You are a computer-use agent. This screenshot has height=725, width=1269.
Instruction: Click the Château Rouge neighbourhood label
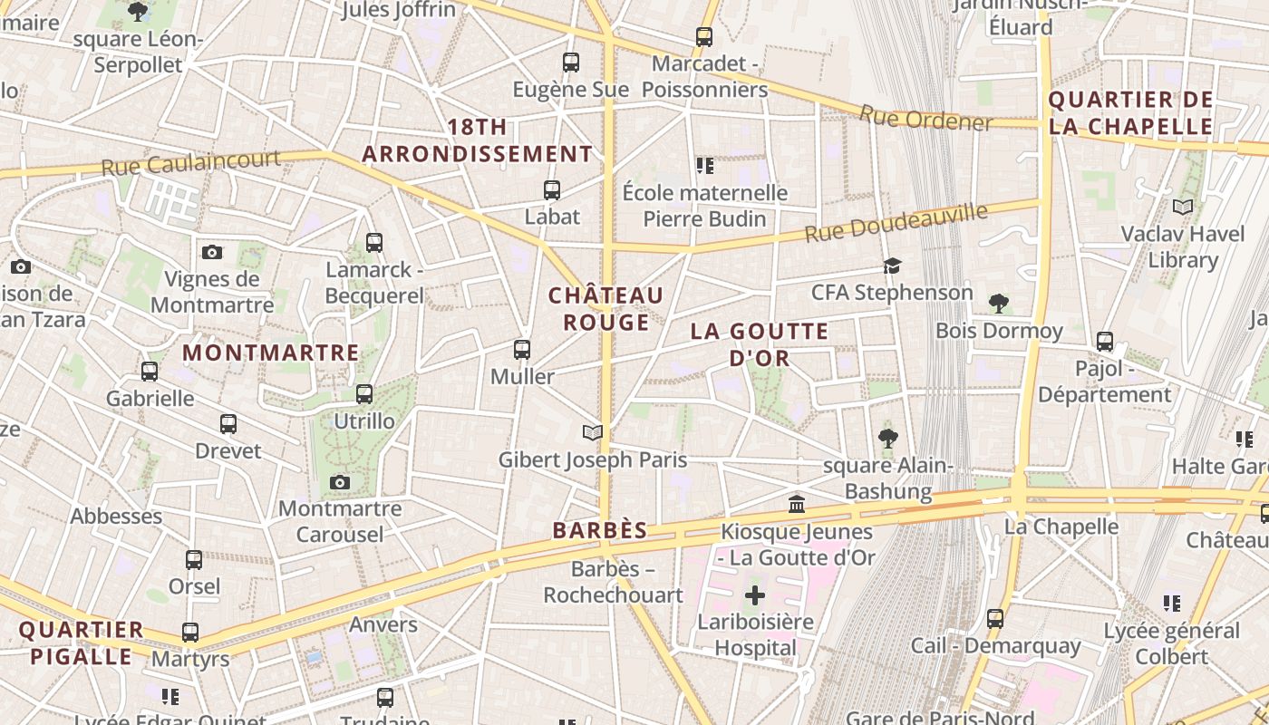pyautogui.click(x=605, y=309)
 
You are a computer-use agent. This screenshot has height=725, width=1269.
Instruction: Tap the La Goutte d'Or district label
pyautogui.click(x=760, y=344)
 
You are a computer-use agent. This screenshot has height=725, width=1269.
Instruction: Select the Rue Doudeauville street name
pyautogui.click(x=896, y=222)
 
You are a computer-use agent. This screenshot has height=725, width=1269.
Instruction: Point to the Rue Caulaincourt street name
pyautogui.click(x=190, y=164)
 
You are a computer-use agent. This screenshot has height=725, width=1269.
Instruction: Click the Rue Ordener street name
pyautogui.click(x=925, y=118)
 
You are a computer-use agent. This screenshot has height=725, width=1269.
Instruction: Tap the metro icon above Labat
pyautogui.click(x=551, y=190)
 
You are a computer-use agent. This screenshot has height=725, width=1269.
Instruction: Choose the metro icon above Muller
pyautogui.click(x=521, y=350)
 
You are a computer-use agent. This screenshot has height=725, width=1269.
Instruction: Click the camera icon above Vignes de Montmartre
pyautogui.click(x=212, y=252)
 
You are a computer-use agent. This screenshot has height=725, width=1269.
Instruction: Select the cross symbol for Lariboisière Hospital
pyautogui.click(x=754, y=595)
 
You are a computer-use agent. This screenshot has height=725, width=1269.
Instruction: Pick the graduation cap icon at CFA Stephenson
pyautogui.click(x=893, y=266)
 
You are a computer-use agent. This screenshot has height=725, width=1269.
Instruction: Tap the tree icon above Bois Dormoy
pyautogui.click(x=999, y=303)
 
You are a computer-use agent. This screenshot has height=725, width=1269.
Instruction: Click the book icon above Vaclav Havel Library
pyautogui.click(x=1183, y=208)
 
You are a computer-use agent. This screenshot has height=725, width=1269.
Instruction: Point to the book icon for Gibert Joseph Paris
pyautogui.click(x=593, y=433)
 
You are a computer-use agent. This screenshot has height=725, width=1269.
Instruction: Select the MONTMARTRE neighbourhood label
pyautogui.click(x=271, y=353)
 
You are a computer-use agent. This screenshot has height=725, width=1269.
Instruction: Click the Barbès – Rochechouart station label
pyautogui.click(x=614, y=582)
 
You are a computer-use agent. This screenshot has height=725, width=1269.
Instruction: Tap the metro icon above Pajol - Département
pyautogui.click(x=1104, y=342)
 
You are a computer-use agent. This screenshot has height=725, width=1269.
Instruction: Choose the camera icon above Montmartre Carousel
pyautogui.click(x=340, y=482)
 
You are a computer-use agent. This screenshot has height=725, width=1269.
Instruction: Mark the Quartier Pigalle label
pyautogui.click(x=81, y=643)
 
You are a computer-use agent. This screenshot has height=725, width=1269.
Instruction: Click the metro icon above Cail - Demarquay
pyautogui.click(x=995, y=619)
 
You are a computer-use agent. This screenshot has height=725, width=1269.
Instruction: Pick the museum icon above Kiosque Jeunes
pyautogui.click(x=797, y=504)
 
